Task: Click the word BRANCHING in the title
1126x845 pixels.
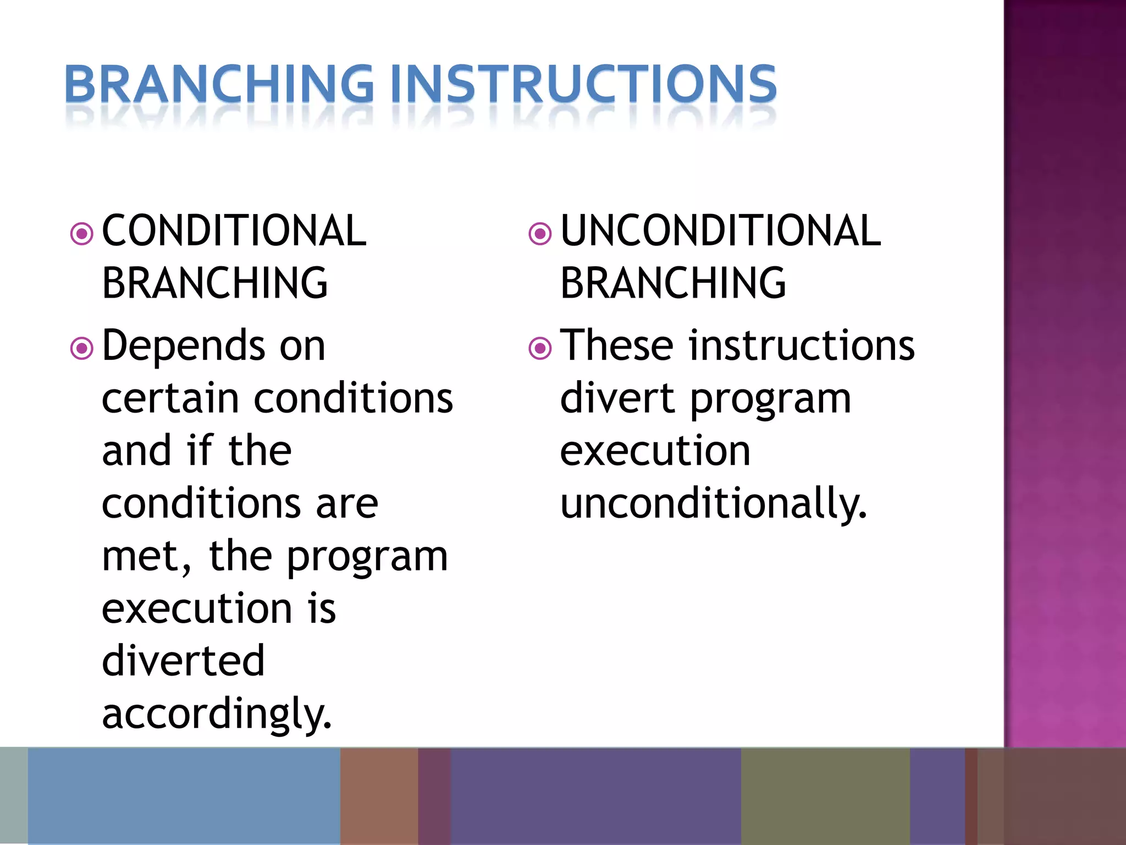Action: point(219,84)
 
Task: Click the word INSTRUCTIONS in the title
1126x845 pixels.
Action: point(592,84)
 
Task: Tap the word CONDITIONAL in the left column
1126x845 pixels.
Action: point(234,231)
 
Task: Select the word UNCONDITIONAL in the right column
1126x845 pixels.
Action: point(720,231)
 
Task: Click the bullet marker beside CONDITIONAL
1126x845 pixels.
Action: point(82,234)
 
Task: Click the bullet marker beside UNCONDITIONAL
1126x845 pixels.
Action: point(540,234)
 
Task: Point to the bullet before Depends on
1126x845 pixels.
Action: point(82,348)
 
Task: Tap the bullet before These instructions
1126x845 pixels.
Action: point(540,348)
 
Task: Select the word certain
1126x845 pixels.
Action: point(169,398)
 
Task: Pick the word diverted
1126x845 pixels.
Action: point(183,660)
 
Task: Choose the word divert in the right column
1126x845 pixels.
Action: point(616,398)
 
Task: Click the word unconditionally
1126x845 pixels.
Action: point(713,503)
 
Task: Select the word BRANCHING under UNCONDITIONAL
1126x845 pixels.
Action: point(673,283)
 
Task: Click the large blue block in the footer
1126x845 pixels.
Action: point(184,795)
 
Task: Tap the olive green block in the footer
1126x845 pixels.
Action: point(825,795)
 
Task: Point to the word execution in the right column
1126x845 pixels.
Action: point(655,451)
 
